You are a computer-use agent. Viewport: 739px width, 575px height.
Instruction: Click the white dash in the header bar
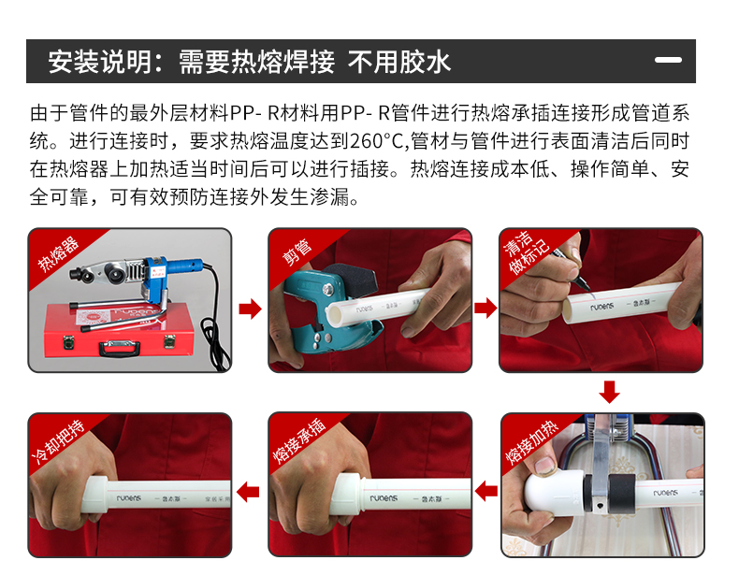pyautogui.click(x=668, y=60)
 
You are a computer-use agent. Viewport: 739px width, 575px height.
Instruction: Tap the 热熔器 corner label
pyautogui.click(x=58, y=254)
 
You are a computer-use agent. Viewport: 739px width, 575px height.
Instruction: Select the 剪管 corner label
pyautogui.click(x=297, y=252)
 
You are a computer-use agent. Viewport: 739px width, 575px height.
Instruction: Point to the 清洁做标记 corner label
pyautogui.click(x=526, y=252)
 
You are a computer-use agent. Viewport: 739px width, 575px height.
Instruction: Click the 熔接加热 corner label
pyautogui.click(x=531, y=442)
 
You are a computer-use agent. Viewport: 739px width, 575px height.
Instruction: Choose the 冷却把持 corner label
pyautogui.click(x=57, y=441)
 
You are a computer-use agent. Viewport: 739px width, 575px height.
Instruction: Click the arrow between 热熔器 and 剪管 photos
pyautogui.click(x=250, y=309)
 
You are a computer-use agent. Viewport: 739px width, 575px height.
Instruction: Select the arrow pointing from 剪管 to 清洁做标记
pyautogui.click(x=485, y=308)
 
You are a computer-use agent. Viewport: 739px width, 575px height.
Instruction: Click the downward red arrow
pyautogui.click(x=609, y=393)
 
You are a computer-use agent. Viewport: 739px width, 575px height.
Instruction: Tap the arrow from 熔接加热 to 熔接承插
pyautogui.click(x=486, y=491)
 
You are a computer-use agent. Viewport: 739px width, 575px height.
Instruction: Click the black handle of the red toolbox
pyautogui.click(x=119, y=349)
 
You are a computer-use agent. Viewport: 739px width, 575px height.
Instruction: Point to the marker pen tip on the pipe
pyautogui.click(x=587, y=287)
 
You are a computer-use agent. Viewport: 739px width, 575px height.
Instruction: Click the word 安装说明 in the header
pyautogui.click(x=99, y=61)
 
